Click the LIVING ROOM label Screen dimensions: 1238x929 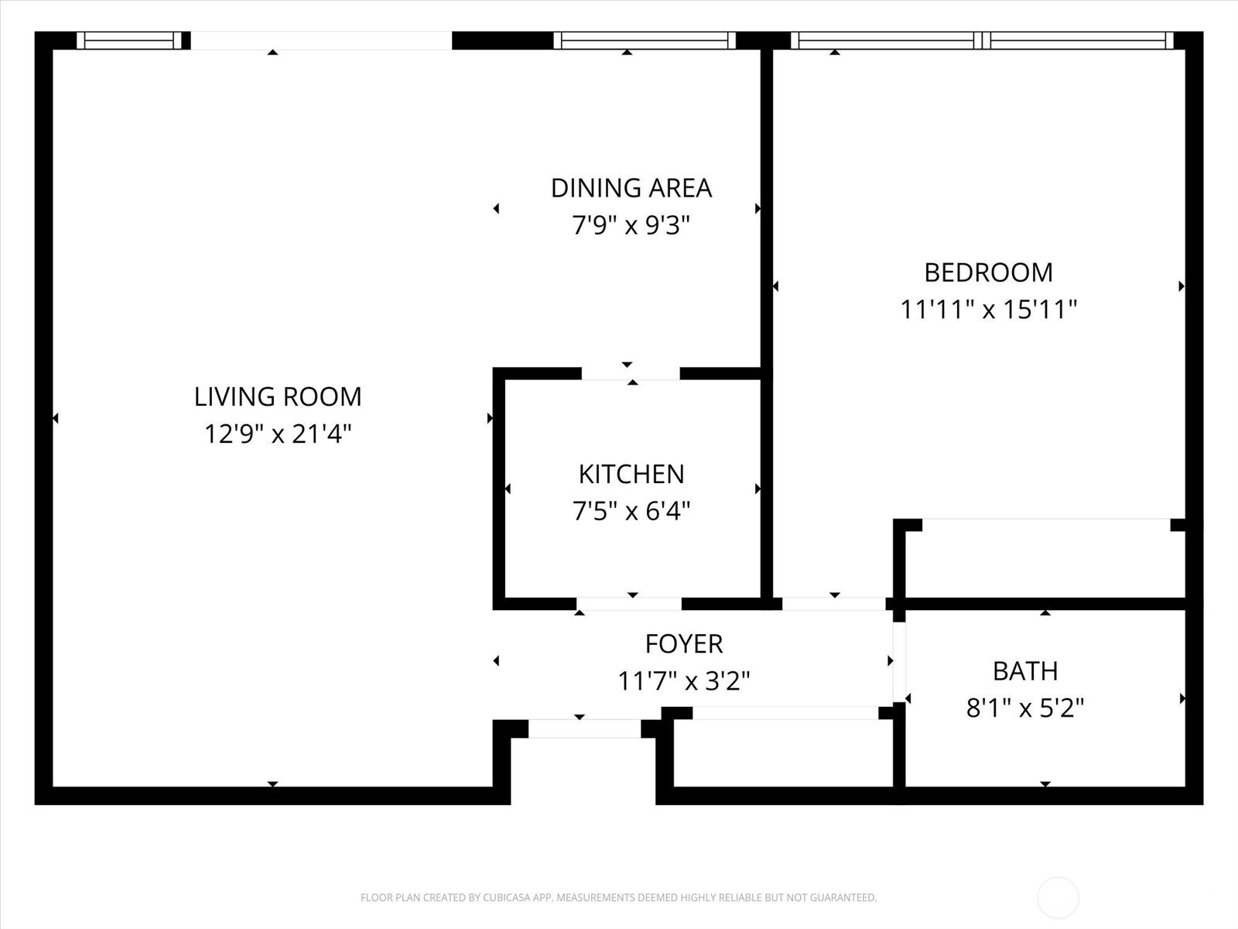(278, 396)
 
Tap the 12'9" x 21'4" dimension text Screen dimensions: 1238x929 (278, 434)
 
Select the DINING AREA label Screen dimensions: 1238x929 (631, 188)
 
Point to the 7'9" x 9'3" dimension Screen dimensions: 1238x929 (631, 225)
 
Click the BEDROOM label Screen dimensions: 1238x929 (988, 273)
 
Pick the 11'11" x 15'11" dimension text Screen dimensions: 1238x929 (988, 310)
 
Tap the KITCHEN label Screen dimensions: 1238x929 (631, 474)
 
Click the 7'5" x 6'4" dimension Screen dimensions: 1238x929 (631, 511)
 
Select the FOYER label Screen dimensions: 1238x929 (683, 643)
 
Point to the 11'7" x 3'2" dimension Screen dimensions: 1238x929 (683, 680)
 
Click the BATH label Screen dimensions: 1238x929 (1024, 670)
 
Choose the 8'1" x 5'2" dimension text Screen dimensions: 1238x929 (1024, 708)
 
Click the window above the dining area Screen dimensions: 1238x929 (644, 40)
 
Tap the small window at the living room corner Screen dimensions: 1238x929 (129, 40)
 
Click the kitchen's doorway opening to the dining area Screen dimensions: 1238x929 (631, 373)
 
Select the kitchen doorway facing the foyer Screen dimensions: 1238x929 (629, 604)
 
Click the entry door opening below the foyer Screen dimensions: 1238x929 (584, 728)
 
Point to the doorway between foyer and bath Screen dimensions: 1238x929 (899, 662)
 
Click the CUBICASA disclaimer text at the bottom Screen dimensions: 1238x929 (619, 897)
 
